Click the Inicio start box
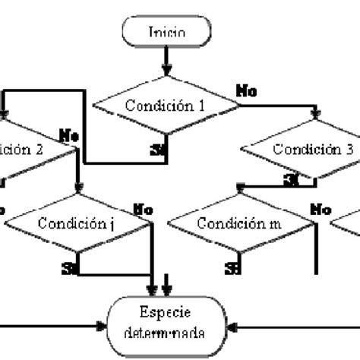(x=166, y=33)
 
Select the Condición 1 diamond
(x=166, y=106)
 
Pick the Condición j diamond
(x=79, y=224)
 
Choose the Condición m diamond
(x=240, y=224)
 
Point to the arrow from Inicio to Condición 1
(x=166, y=59)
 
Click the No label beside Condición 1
(x=246, y=91)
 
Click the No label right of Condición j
(x=143, y=208)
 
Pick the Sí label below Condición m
(x=232, y=268)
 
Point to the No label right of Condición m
(x=321, y=208)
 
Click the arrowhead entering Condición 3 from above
(x=317, y=115)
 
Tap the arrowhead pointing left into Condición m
(x=241, y=185)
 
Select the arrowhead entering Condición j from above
(x=79, y=188)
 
